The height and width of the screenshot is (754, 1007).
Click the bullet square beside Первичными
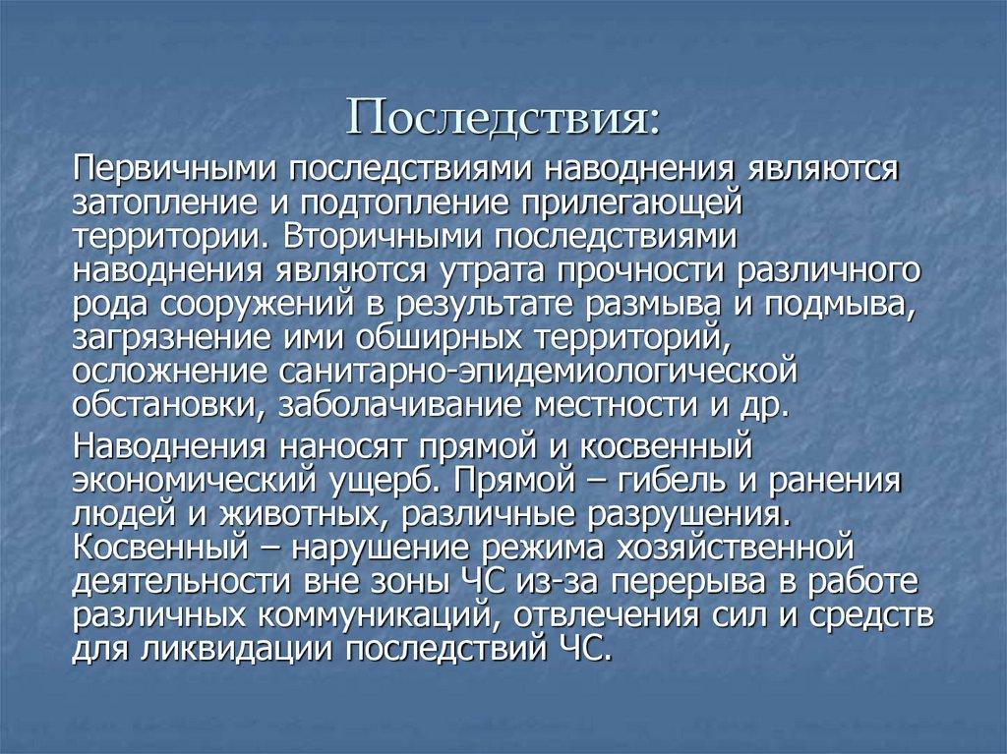(54, 169)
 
